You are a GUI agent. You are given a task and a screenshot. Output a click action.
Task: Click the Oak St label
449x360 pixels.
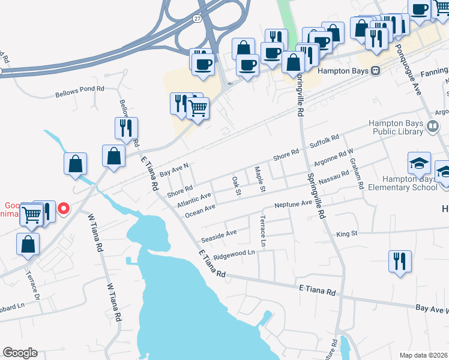[x=237, y=186]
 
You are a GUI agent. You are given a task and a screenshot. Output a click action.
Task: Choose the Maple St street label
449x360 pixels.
[x=259, y=179]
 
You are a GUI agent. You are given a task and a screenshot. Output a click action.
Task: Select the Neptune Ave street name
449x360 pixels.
[x=294, y=204]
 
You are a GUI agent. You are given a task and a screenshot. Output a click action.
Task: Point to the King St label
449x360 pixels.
[x=347, y=233]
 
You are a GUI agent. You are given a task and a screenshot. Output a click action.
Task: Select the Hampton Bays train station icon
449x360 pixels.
[x=376, y=70]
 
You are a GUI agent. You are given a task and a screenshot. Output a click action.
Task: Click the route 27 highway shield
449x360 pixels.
[x=197, y=19]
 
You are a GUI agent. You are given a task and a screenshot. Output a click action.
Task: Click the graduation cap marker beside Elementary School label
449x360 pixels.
[x=419, y=163]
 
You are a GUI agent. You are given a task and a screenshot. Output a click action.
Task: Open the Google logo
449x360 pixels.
[x=20, y=353]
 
